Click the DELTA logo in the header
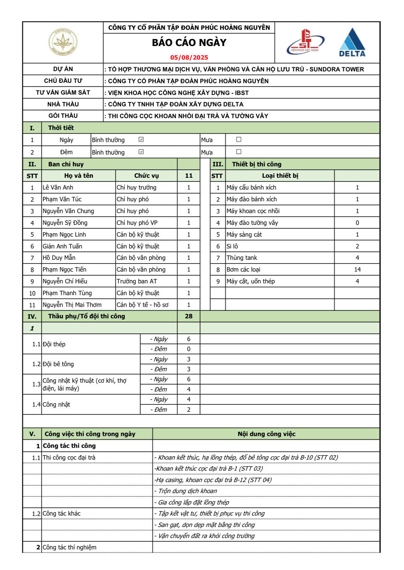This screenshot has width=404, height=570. tap(352, 43)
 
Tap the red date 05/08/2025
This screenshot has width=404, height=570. tap(189, 57)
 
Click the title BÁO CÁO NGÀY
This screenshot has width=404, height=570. tap(189, 43)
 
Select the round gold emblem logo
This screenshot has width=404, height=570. tap(63, 42)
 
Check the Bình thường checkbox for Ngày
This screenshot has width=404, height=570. tap(141, 139)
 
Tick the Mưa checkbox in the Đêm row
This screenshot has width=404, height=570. tap(239, 152)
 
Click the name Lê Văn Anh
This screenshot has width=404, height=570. tap(58, 187)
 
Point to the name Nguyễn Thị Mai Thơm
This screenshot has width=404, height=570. tap(72, 305)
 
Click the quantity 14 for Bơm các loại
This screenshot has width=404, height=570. tap(357, 269)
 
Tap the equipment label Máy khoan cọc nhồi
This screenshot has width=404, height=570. tap(253, 211)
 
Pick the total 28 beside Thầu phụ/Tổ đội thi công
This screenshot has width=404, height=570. tap(189, 316)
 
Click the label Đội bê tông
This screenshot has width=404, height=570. tap(58, 364)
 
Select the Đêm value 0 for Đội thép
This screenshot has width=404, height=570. tap(189, 349)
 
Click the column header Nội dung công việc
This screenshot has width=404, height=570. tap(266, 434)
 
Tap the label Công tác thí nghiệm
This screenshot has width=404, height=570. tap(69, 547)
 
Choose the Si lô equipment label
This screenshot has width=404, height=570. tap(232, 246)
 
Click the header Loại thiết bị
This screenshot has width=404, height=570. tap(280, 176)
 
